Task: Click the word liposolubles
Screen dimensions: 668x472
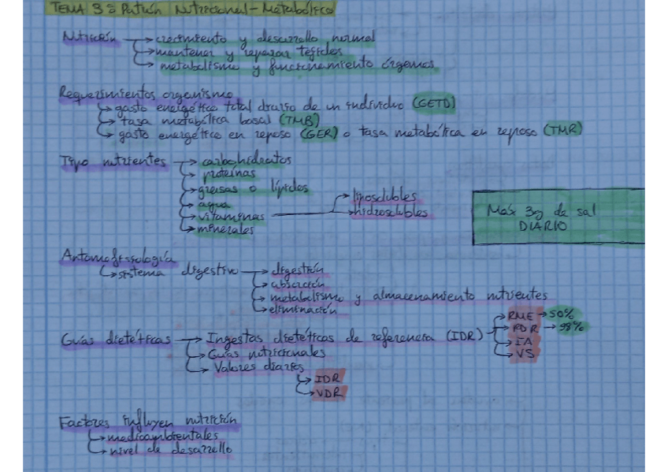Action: (384, 197)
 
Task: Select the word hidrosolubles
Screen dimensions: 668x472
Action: (391, 212)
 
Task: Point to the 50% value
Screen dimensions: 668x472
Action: (562, 314)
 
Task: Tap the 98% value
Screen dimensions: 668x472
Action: (571, 328)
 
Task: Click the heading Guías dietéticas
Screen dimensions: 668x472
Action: (116, 340)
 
